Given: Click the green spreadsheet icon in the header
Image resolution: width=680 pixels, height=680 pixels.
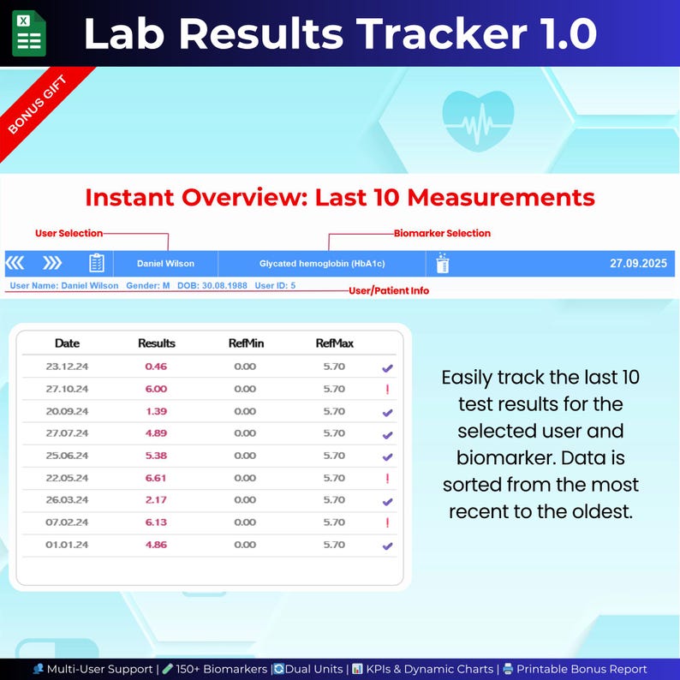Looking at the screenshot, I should tap(29, 33).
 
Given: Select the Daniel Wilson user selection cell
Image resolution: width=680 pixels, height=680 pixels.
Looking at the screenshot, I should tap(165, 264).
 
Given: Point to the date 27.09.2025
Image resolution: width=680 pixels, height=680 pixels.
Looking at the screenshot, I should tap(637, 264).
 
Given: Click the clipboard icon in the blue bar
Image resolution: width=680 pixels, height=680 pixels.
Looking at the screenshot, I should tap(97, 263).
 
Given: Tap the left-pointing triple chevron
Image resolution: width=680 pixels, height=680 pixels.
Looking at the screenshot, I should tap(16, 263).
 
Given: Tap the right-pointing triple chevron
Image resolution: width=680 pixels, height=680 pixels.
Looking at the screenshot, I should tap(53, 263).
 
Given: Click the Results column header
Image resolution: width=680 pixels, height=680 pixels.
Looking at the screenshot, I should tap(157, 343).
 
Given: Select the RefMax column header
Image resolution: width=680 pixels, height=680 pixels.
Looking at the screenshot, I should tap(334, 343).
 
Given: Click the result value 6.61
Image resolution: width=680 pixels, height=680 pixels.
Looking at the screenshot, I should tap(156, 478).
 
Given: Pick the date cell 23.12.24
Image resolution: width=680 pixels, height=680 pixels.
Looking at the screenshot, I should tap(67, 367).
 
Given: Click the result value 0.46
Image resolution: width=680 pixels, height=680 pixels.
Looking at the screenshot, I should tap(156, 367).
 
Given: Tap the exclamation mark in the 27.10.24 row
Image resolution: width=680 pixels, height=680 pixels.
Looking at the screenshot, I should tap(387, 390).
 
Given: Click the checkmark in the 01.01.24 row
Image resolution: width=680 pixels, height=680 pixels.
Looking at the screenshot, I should tap(387, 546).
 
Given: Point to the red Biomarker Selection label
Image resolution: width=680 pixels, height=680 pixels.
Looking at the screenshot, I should tap(442, 233).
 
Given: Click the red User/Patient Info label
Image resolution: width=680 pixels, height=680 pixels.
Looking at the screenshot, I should tap(389, 291).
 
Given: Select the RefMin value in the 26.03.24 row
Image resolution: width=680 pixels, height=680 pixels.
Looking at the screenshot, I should tap(245, 500).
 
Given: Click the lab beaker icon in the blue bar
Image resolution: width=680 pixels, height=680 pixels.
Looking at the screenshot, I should tap(442, 263).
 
